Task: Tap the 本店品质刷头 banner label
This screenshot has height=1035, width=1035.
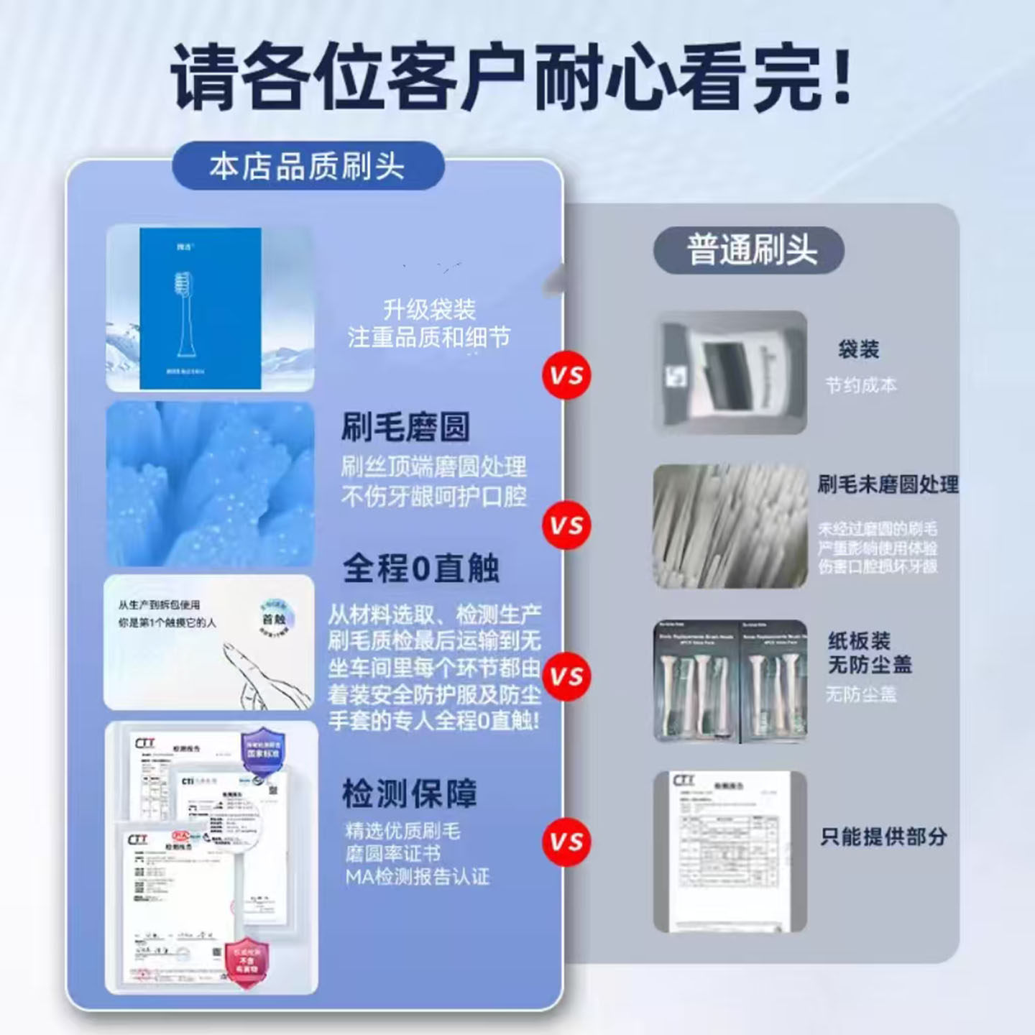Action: [308, 167]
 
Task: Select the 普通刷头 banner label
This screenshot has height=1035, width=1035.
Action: [750, 250]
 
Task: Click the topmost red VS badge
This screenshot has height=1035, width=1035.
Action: [566, 375]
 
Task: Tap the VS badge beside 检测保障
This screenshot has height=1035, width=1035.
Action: [566, 842]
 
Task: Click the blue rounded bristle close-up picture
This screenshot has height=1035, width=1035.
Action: [210, 483]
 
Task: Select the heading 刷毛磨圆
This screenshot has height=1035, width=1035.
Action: [405, 428]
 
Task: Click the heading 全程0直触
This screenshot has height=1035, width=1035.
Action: [420, 568]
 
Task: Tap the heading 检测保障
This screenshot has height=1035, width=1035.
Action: [409, 794]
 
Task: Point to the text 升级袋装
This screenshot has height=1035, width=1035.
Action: [429, 310]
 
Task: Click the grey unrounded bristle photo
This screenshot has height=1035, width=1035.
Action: [730, 526]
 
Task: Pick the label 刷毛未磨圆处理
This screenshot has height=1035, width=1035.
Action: [888, 484]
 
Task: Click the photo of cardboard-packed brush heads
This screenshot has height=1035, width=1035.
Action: [730, 681]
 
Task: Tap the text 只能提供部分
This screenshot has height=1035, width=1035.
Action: [883, 837]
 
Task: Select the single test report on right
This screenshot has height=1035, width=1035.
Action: [730, 852]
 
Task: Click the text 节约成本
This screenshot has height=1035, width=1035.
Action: [860, 385]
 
